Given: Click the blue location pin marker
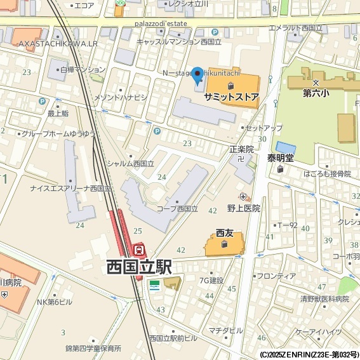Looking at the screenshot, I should (x=197, y=74).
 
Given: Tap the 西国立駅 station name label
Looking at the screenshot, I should (x=138, y=267).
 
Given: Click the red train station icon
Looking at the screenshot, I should (x=140, y=250).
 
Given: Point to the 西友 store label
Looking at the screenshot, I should (x=225, y=232).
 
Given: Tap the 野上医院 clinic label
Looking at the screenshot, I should (x=244, y=208).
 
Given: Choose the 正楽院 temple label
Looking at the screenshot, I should (x=241, y=149).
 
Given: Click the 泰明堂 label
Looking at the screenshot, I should (x=280, y=157).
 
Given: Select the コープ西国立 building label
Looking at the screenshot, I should (x=178, y=208).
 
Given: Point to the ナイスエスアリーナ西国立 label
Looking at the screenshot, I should (x=71, y=189).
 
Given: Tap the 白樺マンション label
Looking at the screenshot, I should (x=83, y=69).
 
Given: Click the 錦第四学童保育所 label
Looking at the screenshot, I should (x=93, y=349).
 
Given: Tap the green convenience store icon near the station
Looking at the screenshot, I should (x=154, y=285).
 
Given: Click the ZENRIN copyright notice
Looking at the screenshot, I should (x=309, y=354).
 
